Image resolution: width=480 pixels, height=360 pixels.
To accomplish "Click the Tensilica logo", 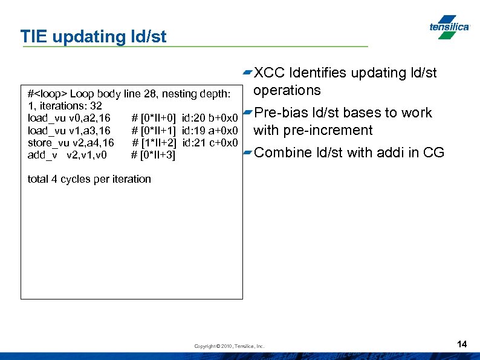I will coord(449,27).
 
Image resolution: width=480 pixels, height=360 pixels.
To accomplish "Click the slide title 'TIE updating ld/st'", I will coord(93,36).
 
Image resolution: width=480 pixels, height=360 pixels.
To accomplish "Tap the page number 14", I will coord(462,344).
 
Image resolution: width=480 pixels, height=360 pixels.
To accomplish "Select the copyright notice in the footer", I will coord(229,346).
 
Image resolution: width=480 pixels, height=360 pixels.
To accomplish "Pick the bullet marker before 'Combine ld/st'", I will coord(247,153).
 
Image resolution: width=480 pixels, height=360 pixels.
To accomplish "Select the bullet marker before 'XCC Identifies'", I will coord(247,73).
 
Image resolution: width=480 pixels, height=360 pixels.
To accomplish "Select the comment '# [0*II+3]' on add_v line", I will coord(153,155).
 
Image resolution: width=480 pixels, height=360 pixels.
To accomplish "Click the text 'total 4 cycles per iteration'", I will coord(89,179).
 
